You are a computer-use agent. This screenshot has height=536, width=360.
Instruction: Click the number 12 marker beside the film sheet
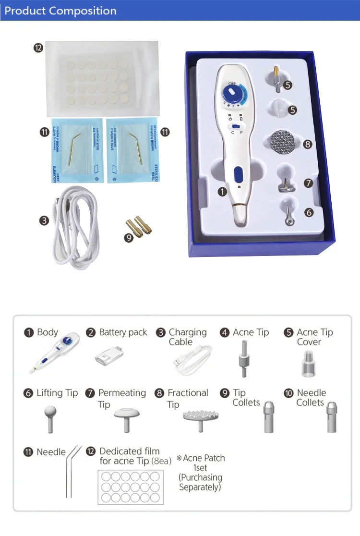coord(38,47)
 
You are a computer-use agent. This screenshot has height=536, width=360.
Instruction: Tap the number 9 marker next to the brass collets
coord(129,237)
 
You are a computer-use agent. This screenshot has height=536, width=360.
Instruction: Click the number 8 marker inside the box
coord(308,144)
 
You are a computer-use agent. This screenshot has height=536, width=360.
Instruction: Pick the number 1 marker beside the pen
coord(222,192)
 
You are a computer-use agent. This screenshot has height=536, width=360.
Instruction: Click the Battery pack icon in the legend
coord(108,356)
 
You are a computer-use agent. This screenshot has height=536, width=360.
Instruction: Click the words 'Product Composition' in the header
coord(60,11)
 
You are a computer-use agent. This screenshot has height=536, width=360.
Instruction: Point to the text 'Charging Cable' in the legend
coord(188,337)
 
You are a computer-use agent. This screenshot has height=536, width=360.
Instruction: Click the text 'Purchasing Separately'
coord(200,482)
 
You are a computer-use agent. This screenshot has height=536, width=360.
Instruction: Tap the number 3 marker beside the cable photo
coord(44,220)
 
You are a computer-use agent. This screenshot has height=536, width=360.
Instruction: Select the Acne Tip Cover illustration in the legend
coord(308,363)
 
